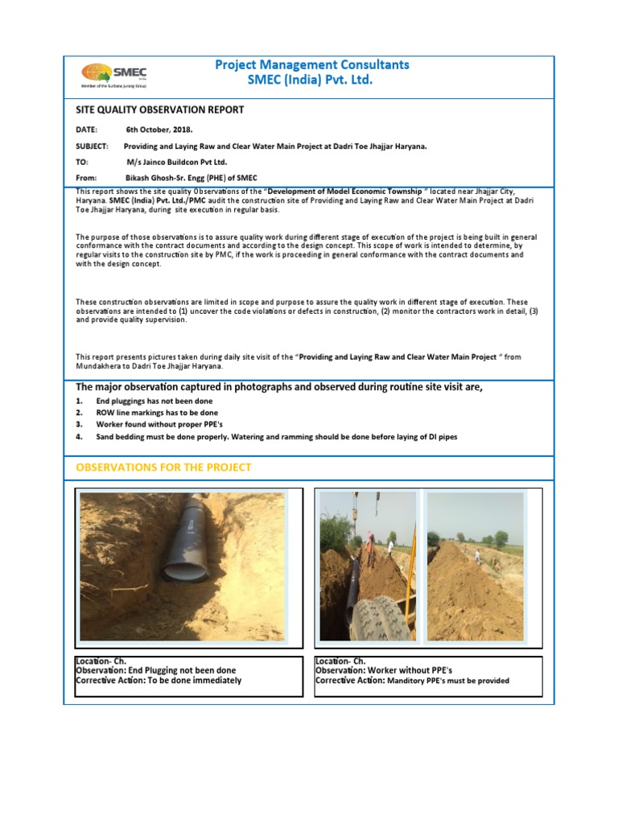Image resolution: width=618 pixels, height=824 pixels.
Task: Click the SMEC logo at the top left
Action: point(113,74)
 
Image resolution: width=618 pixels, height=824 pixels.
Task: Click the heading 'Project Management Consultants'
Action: point(311,64)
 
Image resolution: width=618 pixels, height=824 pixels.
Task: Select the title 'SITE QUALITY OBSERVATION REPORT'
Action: point(159,110)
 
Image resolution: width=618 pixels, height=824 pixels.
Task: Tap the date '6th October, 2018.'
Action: point(159,130)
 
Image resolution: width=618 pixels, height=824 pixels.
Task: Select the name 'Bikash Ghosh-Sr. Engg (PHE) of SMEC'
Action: point(192,178)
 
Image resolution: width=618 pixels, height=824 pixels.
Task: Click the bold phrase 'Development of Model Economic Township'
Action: point(344,191)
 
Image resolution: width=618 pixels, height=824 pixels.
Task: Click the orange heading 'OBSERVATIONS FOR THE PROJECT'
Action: point(163,468)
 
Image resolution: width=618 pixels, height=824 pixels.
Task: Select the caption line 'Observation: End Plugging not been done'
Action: point(155,670)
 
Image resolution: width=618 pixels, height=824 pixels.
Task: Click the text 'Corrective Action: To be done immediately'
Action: point(158,681)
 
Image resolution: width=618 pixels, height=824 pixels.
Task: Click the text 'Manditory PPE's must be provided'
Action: point(448,681)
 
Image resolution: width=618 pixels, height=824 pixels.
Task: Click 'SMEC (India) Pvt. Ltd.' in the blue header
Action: point(311,80)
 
